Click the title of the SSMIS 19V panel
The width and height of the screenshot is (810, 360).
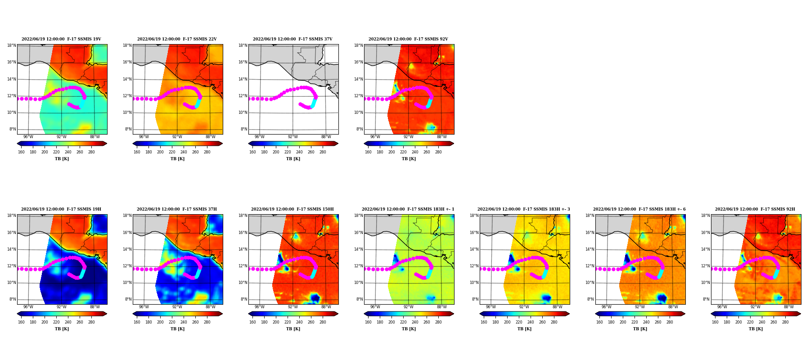click(62, 39)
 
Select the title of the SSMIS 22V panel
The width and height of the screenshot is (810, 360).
click(177, 39)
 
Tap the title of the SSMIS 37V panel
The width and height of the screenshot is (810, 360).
click(292, 39)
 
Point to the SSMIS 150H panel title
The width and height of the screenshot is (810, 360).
click(292, 209)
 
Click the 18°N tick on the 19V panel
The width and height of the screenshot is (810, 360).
click(11, 45)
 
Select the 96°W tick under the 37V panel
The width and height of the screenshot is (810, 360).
click(260, 137)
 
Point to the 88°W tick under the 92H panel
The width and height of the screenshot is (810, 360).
click(789, 307)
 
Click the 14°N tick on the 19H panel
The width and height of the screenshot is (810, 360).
click(11, 249)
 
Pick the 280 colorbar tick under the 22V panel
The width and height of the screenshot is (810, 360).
click(207, 152)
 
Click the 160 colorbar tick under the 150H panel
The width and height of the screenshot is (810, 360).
click(252, 322)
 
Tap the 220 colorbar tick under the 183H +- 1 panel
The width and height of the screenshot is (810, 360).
click(403, 322)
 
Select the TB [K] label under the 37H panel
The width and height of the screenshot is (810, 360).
click(177, 329)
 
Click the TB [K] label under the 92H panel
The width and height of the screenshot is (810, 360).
click(756, 329)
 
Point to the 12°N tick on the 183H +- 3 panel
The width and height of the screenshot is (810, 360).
click(474, 266)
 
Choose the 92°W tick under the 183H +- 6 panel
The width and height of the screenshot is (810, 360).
click(640, 307)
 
